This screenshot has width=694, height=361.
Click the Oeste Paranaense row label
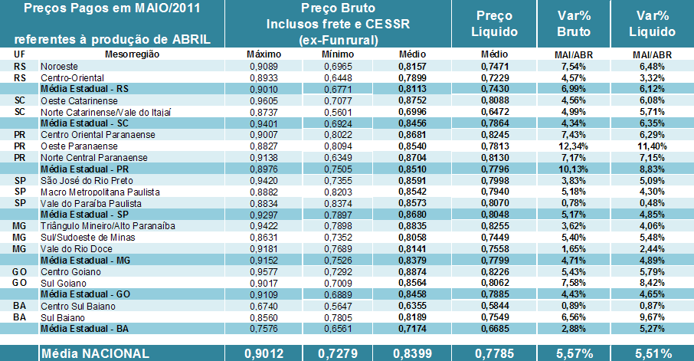[x=74, y=145]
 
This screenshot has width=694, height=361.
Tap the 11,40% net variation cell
[x=656, y=145]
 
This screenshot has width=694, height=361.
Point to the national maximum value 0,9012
[x=265, y=353]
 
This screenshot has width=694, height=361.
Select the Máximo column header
[x=265, y=55]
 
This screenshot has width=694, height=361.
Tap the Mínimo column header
[x=338, y=55]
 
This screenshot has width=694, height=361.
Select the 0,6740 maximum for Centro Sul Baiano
[x=265, y=305]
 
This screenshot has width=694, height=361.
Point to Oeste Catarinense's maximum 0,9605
[x=265, y=100]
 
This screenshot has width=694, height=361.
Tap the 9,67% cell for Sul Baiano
[x=656, y=317]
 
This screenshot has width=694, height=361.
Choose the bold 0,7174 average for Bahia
[x=411, y=328]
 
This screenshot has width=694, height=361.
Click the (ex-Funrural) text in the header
[x=338, y=39]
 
